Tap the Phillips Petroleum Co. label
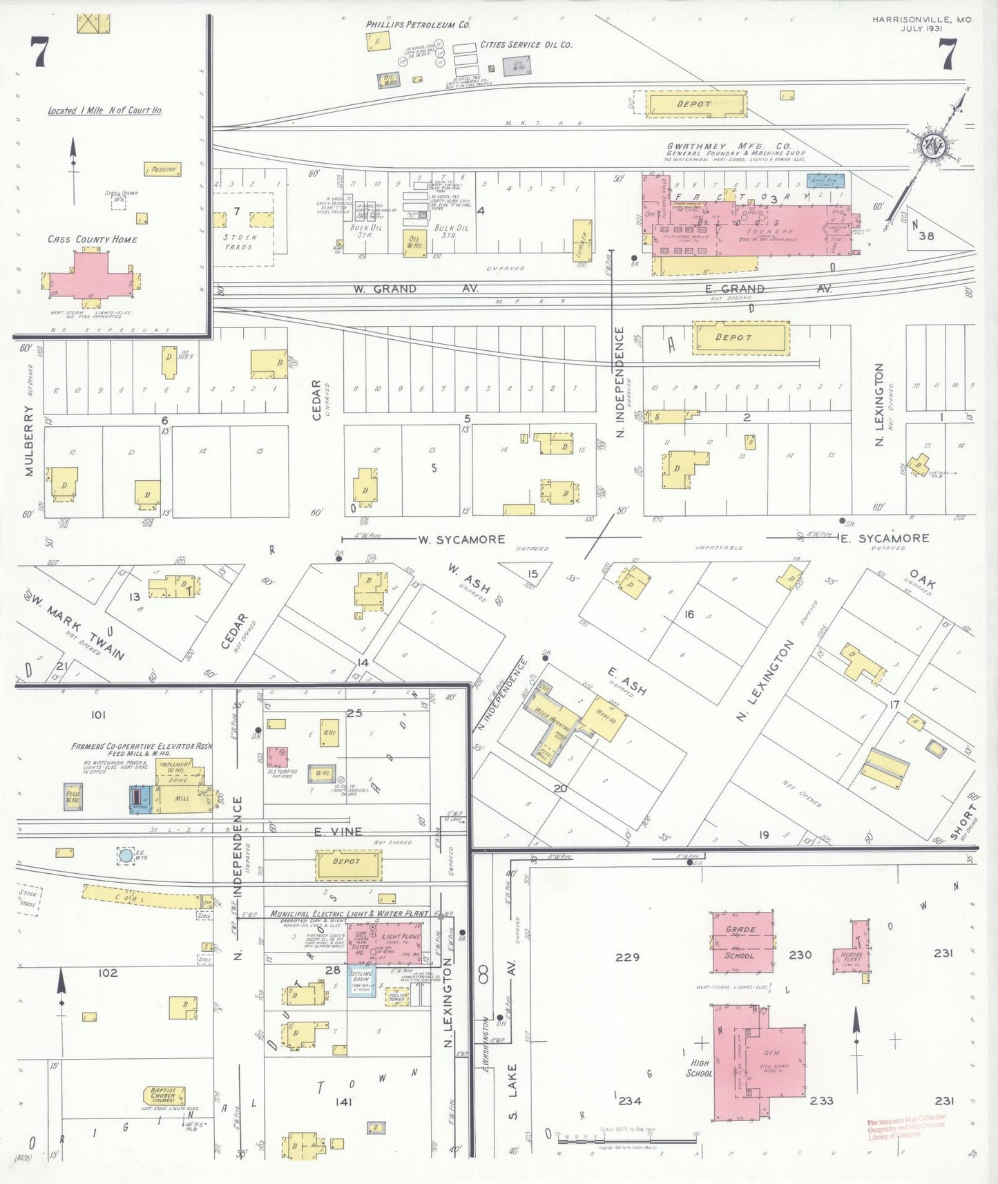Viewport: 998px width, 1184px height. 418,25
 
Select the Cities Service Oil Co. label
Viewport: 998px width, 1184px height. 526,45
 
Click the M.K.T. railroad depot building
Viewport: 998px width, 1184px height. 696,104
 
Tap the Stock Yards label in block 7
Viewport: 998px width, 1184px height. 240,242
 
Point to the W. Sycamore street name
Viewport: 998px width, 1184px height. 461,540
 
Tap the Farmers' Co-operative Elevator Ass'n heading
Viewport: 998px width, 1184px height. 142,747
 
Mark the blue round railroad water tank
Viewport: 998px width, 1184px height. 126,856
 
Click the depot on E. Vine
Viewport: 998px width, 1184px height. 348,864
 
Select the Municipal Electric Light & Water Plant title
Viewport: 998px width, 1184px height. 349,913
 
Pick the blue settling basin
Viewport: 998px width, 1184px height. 361,980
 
